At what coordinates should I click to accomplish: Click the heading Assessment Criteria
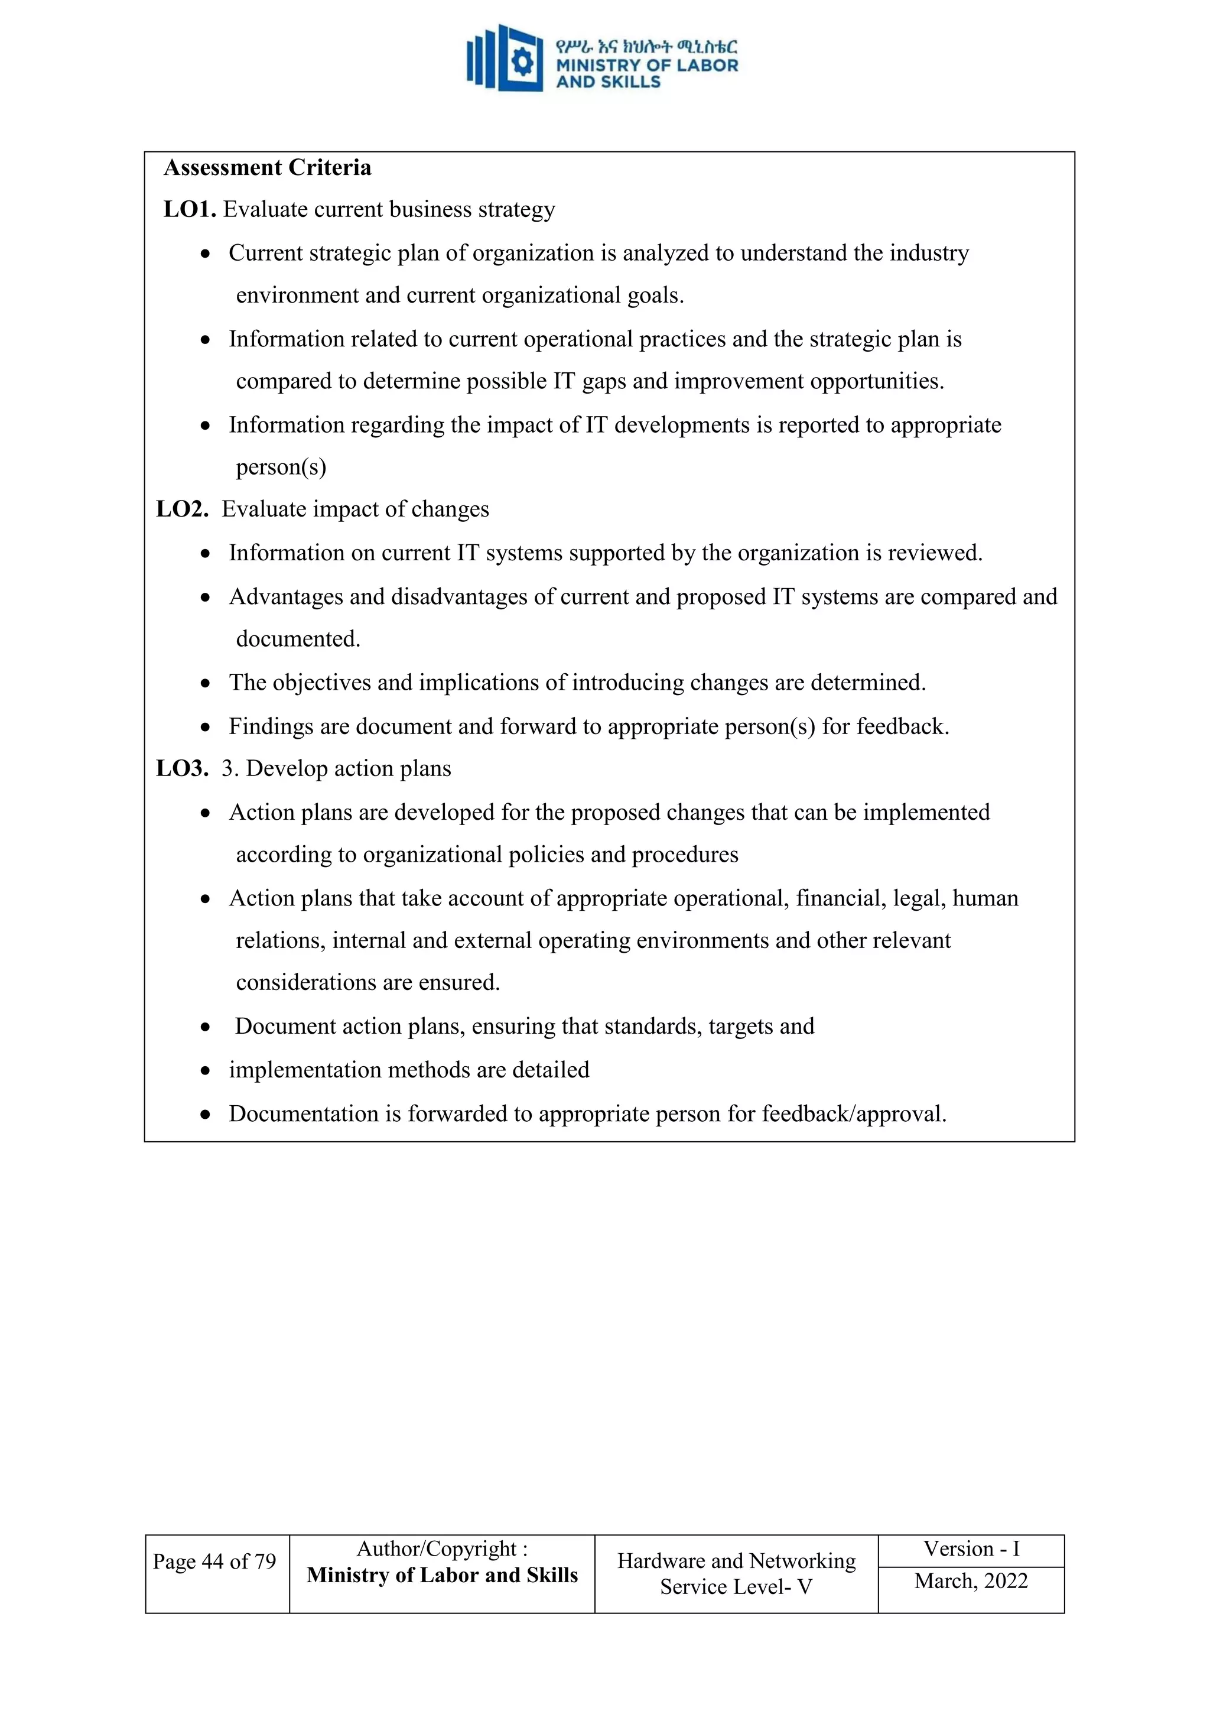pyautogui.click(x=266, y=168)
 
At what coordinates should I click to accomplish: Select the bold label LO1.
pyautogui.click(x=189, y=209)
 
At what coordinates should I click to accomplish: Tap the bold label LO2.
pyautogui.click(x=182, y=509)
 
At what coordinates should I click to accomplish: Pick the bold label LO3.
pyautogui.click(x=182, y=768)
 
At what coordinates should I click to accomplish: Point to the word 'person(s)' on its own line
pyautogui.click(x=281, y=467)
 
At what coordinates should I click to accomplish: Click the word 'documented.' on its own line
pyautogui.click(x=298, y=639)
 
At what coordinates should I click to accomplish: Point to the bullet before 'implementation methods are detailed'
pyautogui.click(x=206, y=1072)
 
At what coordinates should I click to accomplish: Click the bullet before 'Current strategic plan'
pyautogui.click(x=206, y=254)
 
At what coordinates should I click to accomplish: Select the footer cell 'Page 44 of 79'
pyautogui.click(x=214, y=1561)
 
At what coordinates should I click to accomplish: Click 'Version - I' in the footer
pyautogui.click(x=971, y=1549)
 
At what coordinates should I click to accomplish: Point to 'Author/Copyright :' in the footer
pyautogui.click(x=442, y=1549)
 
